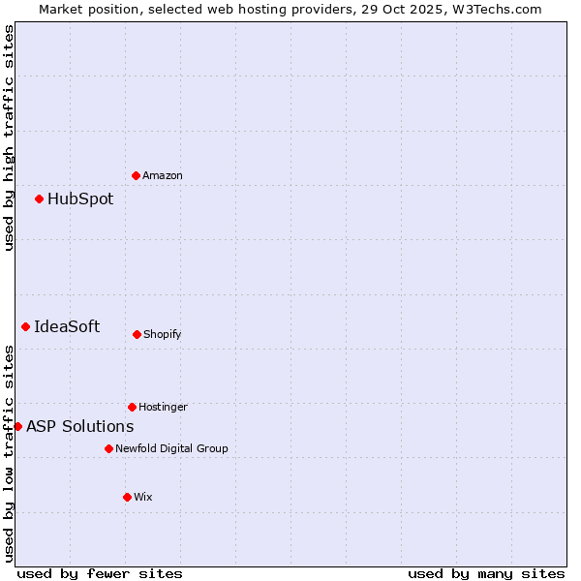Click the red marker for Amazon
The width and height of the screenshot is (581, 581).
point(136,175)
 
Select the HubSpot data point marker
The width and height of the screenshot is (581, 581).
point(39,199)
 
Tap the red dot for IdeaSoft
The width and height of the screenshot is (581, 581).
point(25,327)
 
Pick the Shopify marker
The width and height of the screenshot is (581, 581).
point(137,334)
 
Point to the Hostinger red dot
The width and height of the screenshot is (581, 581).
point(132,407)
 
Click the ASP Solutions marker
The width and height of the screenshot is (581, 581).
point(17,426)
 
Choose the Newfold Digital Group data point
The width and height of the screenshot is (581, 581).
point(108,448)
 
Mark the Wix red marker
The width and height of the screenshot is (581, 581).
point(127,497)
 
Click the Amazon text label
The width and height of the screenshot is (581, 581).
point(163,175)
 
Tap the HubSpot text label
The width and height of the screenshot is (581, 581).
point(80,199)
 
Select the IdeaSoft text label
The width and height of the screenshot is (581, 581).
point(67,327)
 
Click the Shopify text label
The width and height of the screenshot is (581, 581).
point(163,334)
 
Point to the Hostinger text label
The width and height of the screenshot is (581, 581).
point(163,407)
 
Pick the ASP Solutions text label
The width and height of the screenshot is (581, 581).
point(79,426)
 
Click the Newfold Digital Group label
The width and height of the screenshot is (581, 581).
point(171,448)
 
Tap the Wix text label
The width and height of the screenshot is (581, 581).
point(143,497)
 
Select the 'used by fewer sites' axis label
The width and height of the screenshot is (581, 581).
point(100,573)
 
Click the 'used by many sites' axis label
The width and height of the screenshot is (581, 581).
point(486,573)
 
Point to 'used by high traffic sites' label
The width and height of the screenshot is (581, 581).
point(9,138)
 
